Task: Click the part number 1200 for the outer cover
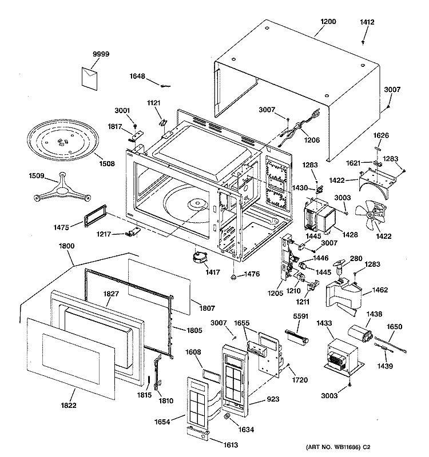[328, 22]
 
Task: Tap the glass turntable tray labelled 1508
[61, 140]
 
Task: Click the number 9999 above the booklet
[101, 54]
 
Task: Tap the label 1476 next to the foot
[252, 274]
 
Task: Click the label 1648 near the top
[138, 77]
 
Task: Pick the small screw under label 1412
[364, 42]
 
